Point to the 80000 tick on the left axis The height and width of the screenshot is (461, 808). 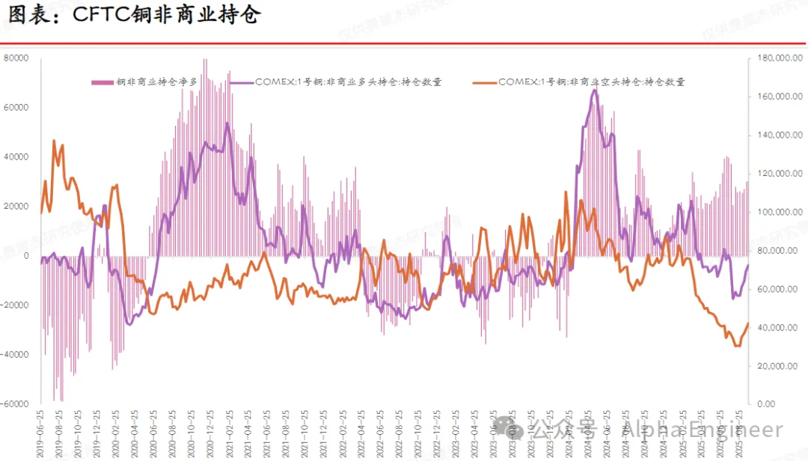(16, 58)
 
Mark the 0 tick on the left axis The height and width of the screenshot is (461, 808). (25, 256)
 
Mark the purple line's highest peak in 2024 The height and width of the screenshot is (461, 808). (594, 90)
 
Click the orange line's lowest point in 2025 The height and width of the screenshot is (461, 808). (737, 346)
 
